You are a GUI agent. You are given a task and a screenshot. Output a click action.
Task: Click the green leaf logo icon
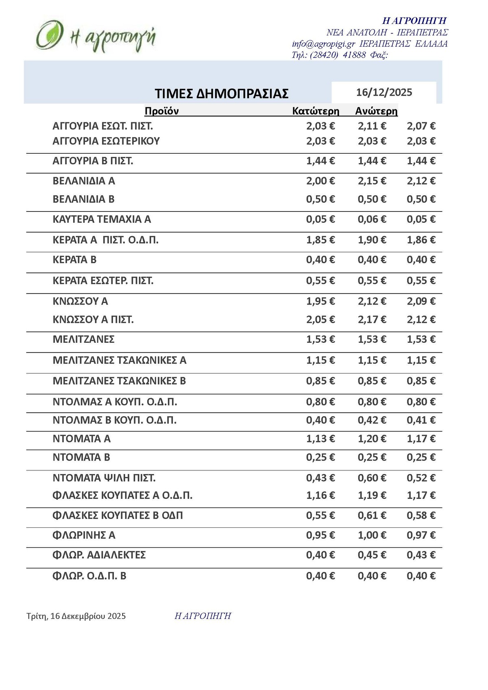(x=49, y=35)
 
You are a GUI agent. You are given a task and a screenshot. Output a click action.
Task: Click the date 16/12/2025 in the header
(x=384, y=92)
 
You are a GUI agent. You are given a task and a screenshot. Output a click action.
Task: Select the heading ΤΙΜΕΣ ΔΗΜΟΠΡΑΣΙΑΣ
(x=222, y=94)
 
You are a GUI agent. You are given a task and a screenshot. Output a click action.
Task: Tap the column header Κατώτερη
(x=316, y=111)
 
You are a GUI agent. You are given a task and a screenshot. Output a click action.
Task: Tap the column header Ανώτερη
(x=376, y=111)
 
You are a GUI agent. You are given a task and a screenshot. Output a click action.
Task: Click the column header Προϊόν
(x=161, y=111)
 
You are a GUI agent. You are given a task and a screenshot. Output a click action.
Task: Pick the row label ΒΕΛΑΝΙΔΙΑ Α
(x=84, y=181)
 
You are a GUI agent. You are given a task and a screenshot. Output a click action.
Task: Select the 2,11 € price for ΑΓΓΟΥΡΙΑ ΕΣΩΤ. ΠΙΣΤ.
(x=372, y=126)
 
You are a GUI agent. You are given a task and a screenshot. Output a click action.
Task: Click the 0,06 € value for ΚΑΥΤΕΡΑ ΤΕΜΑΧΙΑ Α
(x=372, y=220)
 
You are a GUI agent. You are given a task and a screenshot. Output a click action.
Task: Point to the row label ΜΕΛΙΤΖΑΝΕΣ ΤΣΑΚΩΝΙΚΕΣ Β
(x=119, y=381)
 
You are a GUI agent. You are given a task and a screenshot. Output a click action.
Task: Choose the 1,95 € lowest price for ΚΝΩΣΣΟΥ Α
(x=320, y=301)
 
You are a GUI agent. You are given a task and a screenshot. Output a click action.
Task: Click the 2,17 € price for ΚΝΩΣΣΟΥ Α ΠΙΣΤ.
(x=372, y=320)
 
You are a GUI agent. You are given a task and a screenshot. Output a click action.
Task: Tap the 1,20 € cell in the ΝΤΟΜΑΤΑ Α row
(x=372, y=439)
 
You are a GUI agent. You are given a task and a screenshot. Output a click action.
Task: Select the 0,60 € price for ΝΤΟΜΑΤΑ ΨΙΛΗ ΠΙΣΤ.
(x=372, y=478)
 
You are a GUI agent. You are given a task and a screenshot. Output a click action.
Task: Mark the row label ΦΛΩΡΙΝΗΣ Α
(x=84, y=535)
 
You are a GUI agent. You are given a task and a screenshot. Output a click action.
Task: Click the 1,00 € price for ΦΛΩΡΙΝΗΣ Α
(x=372, y=535)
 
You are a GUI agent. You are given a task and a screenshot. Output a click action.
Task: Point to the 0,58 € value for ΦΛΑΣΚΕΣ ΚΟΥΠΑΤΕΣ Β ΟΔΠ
(x=421, y=516)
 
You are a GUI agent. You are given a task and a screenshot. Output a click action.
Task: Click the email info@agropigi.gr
(x=323, y=44)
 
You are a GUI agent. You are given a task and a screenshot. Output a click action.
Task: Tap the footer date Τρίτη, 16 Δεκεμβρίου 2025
(x=76, y=616)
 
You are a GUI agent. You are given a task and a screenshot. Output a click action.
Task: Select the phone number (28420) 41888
(x=338, y=55)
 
